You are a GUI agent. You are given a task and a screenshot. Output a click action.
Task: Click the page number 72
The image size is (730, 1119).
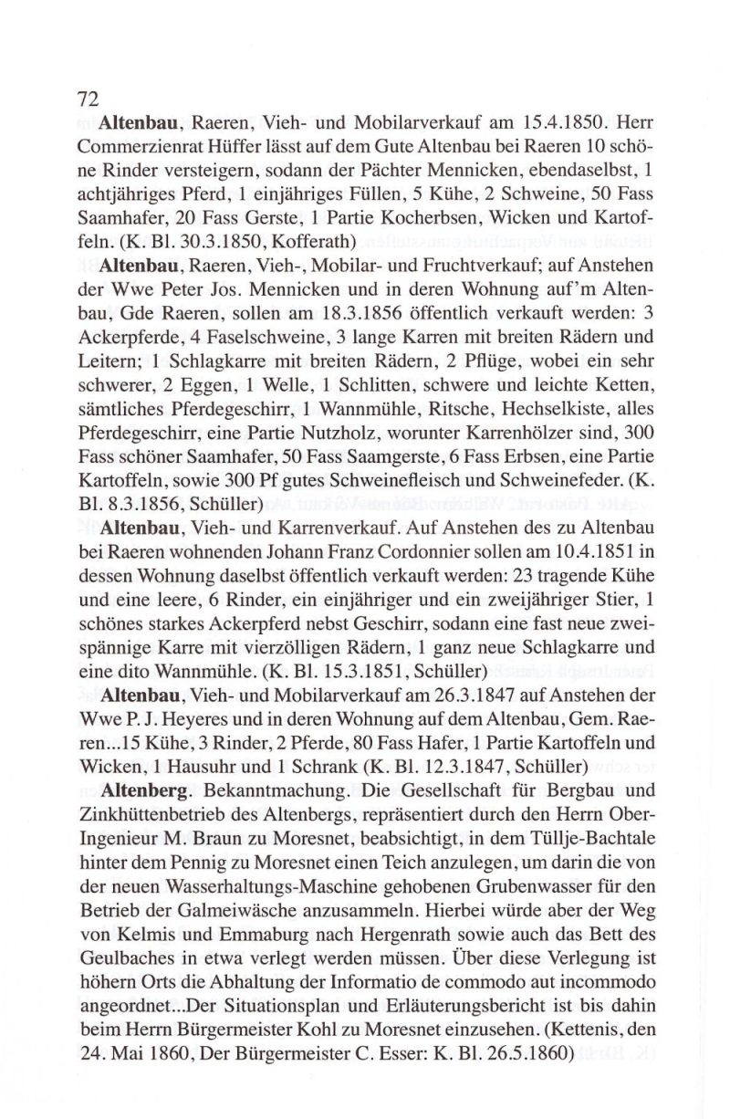87,99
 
